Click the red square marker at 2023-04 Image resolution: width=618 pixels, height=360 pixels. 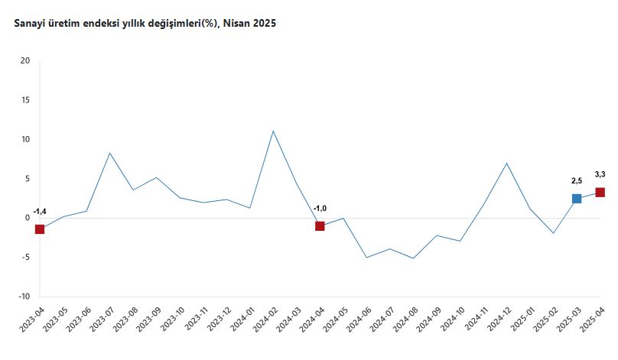[x=40, y=229]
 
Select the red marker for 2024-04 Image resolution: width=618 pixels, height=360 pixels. [x=320, y=226]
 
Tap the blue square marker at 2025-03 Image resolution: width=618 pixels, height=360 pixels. [x=577, y=199]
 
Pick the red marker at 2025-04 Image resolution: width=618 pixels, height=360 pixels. [x=600, y=193]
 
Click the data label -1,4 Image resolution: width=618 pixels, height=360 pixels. [x=40, y=211]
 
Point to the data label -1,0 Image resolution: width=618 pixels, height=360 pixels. [x=320, y=208]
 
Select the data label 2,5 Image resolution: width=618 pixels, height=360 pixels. [x=577, y=181]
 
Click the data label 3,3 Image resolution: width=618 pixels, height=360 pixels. [x=600, y=175]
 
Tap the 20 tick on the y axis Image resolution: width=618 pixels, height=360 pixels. [x=25, y=61]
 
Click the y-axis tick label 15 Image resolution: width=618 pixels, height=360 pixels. [x=25, y=100]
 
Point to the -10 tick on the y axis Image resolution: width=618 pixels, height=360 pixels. [x=24, y=297]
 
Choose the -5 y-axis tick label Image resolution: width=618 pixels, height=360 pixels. [x=25, y=258]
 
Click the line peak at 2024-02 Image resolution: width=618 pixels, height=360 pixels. [x=273, y=131]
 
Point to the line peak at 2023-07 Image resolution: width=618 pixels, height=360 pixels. [x=110, y=153]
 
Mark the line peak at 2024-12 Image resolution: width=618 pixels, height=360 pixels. [x=506, y=163]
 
